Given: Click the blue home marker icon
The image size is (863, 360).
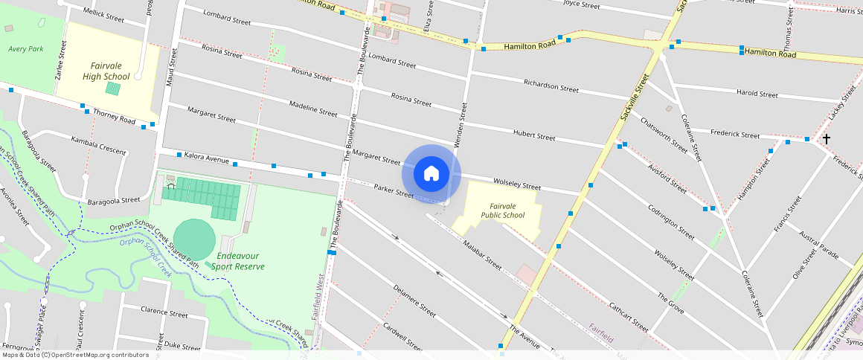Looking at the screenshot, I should point(431,174).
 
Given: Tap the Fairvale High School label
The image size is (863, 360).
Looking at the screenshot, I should point(106,71).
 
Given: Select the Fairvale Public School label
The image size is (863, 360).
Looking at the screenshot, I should point(502,210).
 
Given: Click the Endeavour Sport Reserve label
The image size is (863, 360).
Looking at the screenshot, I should point(237,261).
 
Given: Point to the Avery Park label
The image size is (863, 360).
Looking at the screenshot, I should point(26,48).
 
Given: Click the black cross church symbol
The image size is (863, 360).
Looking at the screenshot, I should point(826,139).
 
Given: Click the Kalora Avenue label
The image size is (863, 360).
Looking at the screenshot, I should point(206,158).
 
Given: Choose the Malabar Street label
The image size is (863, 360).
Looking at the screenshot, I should point(482,253).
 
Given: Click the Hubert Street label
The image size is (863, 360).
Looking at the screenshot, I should point(534,135).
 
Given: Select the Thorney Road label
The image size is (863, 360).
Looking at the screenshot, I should point(114,118).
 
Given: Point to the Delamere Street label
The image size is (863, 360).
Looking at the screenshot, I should point(414,300).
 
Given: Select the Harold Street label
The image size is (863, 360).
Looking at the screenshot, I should point(757,94).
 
